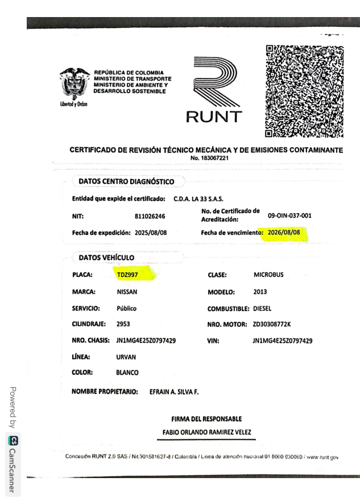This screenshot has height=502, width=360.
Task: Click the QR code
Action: click(x=304, y=91)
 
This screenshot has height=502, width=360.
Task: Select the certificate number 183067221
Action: click(x=210, y=158)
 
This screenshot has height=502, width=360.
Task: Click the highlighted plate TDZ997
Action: click(x=127, y=275)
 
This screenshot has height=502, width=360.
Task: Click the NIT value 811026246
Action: click(x=150, y=216)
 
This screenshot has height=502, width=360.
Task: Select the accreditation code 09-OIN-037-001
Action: click(x=289, y=216)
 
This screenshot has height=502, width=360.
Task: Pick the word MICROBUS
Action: click(x=268, y=275)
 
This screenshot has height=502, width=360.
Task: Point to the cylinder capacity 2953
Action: click(x=123, y=325)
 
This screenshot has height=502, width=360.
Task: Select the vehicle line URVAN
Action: click(x=126, y=357)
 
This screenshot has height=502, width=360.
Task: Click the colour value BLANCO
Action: click(x=127, y=373)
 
